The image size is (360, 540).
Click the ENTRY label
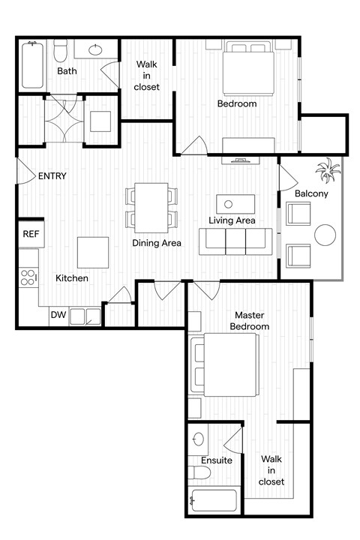[52, 177]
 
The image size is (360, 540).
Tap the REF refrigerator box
[31, 234]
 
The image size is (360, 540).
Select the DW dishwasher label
[58, 315]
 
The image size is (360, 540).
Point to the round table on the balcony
[326, 235]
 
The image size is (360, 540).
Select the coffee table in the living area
[235, 203]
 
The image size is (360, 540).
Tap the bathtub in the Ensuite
[214, 501]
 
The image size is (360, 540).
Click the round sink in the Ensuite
[199, 439]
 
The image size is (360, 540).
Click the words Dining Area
[157, 243]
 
